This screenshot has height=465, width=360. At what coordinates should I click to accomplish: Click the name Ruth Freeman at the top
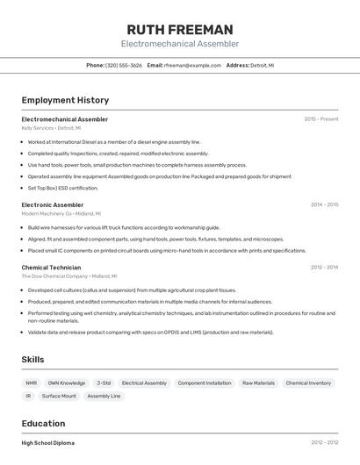point(179,29)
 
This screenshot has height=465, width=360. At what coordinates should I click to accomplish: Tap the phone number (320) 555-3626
point(125,65)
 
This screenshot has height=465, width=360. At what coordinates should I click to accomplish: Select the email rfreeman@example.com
point(191,65)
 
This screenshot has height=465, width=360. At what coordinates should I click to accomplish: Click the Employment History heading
point(65,100)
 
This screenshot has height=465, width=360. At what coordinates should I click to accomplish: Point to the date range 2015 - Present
point(320,119)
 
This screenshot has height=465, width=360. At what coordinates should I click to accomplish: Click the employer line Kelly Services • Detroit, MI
point(51,128)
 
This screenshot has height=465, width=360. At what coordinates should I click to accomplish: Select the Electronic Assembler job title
point(53,204)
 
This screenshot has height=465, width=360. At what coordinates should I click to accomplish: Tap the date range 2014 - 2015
point(324,204)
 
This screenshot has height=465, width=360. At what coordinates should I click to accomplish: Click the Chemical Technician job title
point(51,267)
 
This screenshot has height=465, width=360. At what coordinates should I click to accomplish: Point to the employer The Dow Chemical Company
point(54,275)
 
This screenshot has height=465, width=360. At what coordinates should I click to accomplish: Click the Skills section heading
point(33,360)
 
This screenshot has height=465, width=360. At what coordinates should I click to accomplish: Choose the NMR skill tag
point(32,383)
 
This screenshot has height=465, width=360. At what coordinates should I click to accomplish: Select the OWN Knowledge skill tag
point(67,383)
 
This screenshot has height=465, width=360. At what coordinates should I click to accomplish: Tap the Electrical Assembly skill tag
point(144,383)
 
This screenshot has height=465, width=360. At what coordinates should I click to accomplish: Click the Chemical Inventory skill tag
point(308,383)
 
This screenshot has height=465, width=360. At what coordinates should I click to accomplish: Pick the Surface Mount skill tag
point(59,396)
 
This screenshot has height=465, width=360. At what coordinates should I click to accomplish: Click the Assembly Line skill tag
point(104,396)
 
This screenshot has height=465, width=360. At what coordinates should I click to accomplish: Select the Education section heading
point(44,423)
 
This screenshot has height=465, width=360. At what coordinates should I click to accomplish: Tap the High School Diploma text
point(48,443)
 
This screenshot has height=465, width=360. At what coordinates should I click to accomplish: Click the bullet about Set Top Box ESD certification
point(62,188)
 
